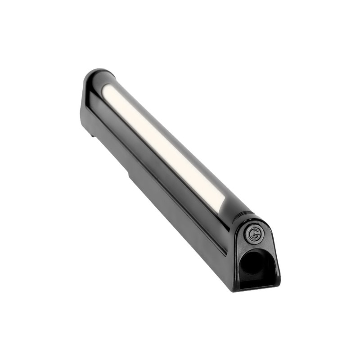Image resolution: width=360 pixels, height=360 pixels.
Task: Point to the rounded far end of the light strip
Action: [106, 90]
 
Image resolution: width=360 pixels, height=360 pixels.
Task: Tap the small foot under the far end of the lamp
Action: [92, 134]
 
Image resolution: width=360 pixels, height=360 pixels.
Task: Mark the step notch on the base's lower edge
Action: [130, 175]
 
